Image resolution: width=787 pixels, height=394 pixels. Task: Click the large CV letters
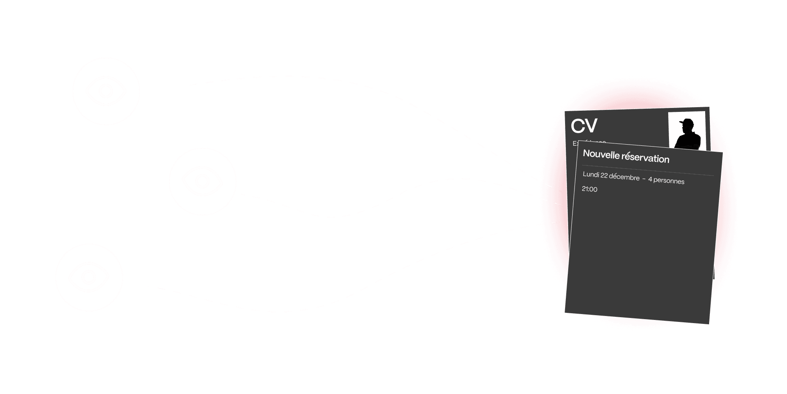point(584,126)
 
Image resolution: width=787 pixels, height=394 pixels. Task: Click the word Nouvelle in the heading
point(601,154)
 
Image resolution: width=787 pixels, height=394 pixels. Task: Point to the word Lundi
point(591,175)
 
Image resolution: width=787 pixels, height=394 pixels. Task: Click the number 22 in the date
point(604,176)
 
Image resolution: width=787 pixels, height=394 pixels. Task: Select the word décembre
point(624,177)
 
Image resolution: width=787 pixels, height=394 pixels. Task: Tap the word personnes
point(669,181)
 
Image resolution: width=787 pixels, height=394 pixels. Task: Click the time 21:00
point(589,190)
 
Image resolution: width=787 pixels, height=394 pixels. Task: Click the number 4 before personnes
point(650,180)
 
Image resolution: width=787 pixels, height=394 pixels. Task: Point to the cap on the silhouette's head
point(687,122)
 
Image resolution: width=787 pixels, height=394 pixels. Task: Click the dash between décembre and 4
point(644,179)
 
